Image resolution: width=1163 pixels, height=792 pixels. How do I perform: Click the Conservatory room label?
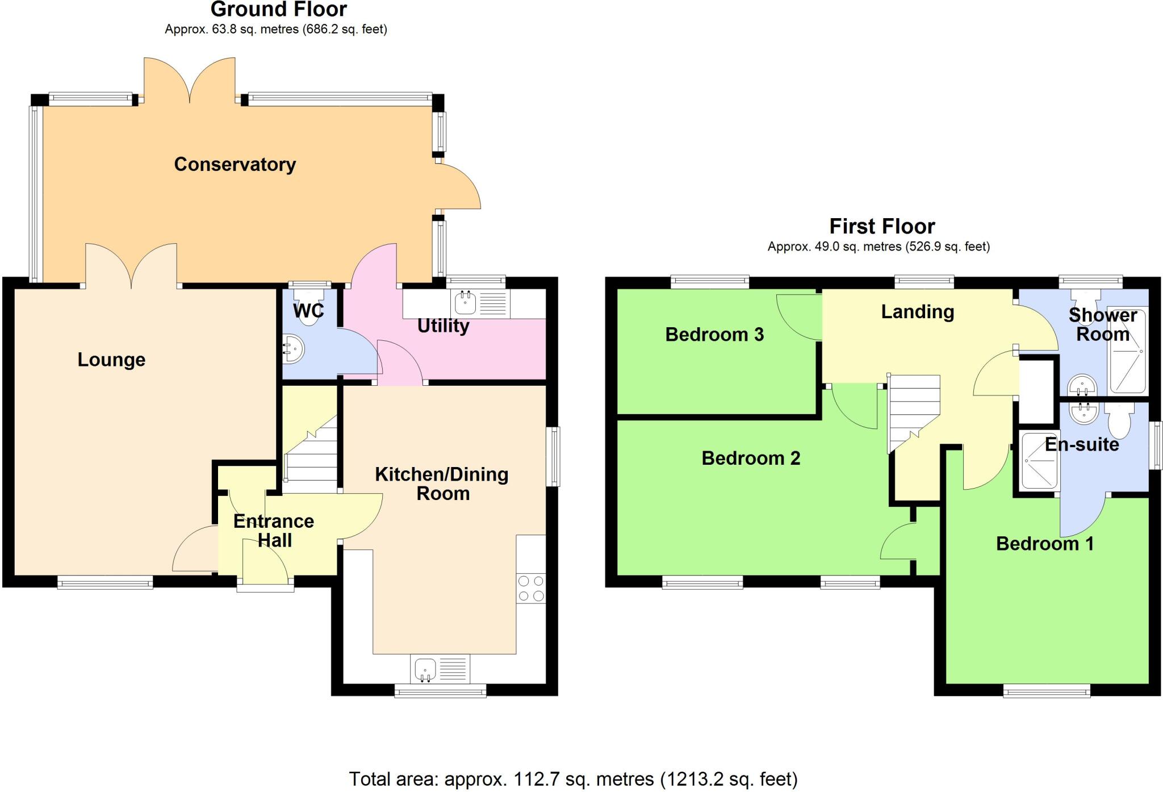235,164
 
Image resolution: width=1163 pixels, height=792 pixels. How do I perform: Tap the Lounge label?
111,360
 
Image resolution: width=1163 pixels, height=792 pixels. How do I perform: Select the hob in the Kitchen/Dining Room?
531,589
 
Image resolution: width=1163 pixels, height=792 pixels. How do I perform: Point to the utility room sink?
466,303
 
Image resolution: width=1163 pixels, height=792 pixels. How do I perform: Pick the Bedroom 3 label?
714,335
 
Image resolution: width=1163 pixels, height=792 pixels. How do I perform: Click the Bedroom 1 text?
1044,544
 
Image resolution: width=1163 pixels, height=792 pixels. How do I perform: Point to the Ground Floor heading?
278,10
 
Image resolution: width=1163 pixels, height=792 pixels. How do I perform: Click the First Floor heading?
881,227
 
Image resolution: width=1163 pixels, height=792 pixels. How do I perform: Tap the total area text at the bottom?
573,778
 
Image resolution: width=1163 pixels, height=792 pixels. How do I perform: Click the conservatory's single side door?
459,186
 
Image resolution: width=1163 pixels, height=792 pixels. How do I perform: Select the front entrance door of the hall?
265,562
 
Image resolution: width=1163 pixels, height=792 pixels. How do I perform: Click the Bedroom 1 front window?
1046,691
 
